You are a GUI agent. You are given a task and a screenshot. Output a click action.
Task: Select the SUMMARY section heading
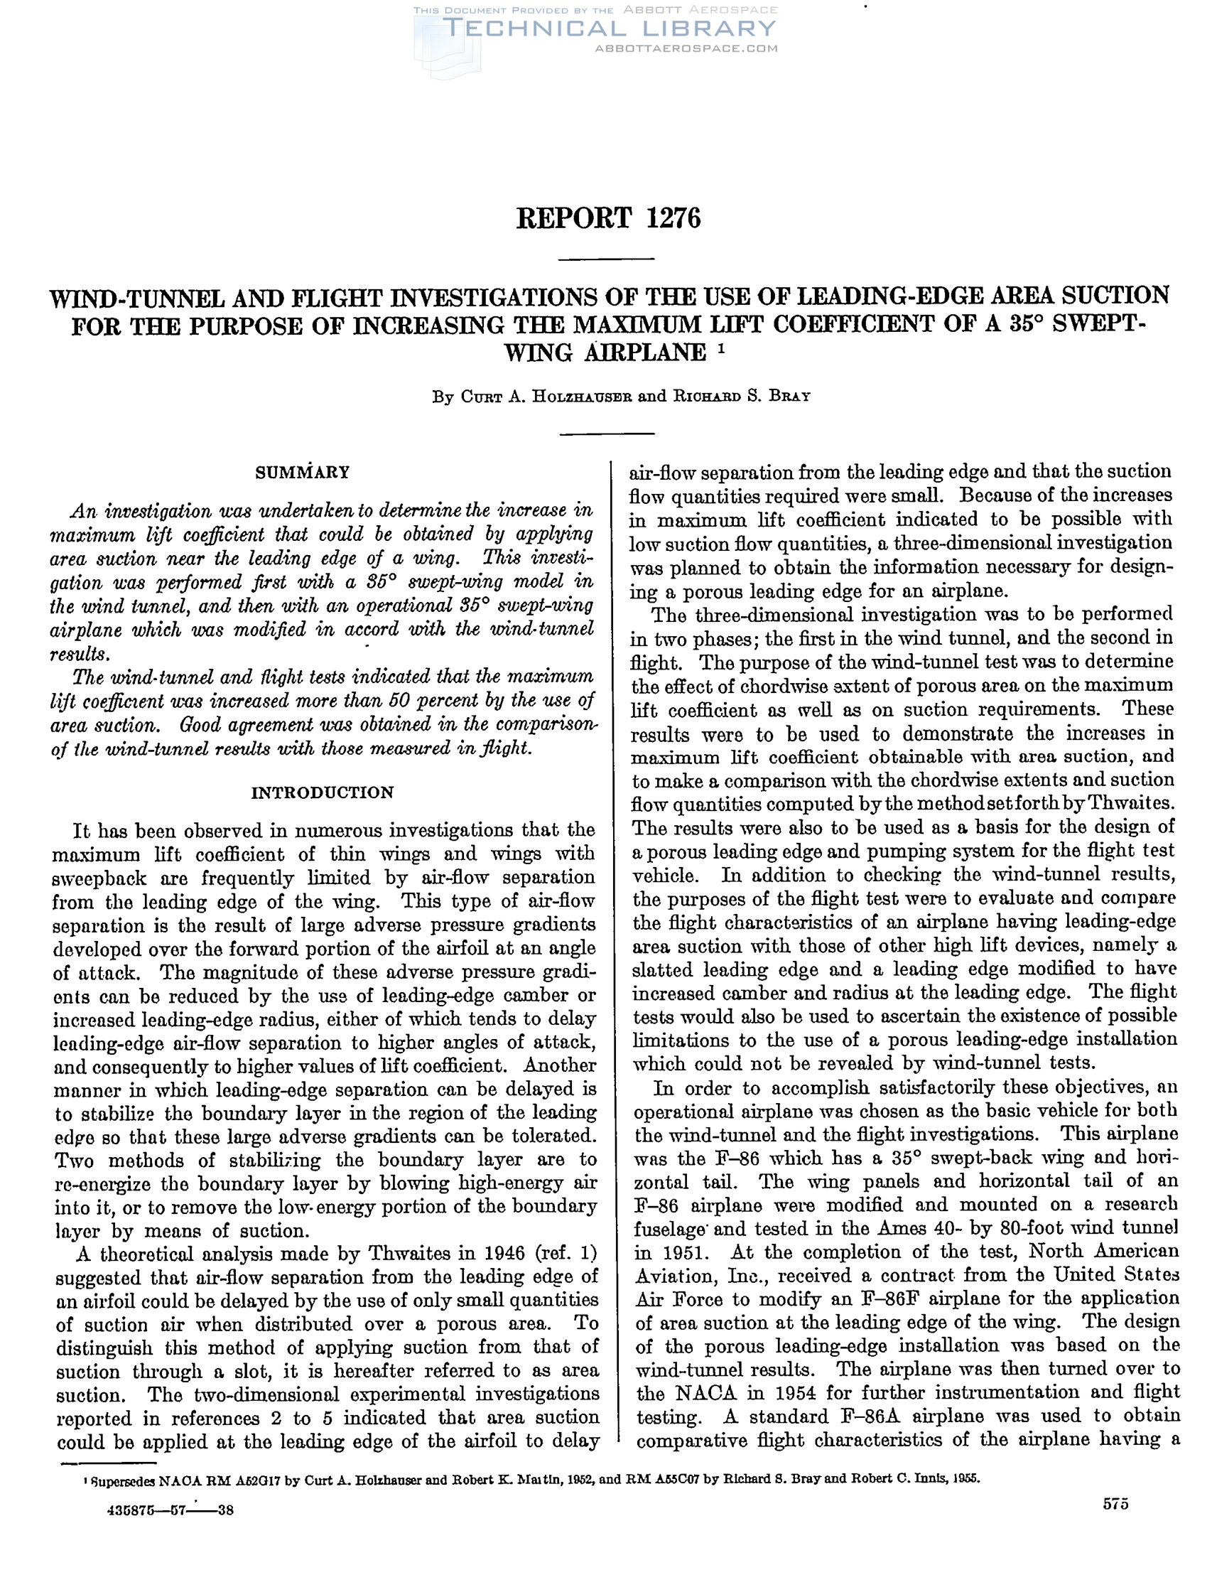coord(303,473)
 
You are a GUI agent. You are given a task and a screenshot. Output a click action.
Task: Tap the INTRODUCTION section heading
coord(323,793)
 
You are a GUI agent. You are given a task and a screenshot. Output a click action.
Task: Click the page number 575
coord(1115,1504)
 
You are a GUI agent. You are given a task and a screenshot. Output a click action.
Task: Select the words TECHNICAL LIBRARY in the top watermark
coord(610,28)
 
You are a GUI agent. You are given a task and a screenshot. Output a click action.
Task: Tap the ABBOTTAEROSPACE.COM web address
coord(686,49)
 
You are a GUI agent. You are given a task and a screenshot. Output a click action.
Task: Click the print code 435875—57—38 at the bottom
coord(171,1510)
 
